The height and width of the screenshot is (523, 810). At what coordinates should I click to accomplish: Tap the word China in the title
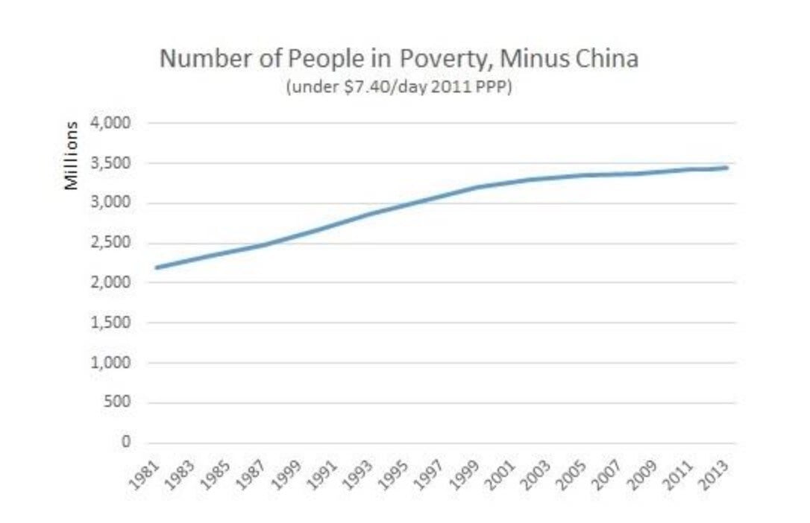click(x=605, y=58)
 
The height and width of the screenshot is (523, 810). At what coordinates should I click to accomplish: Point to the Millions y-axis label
click(x=72, y=154)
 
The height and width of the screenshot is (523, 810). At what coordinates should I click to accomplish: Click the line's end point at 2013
click(x=727, y=168)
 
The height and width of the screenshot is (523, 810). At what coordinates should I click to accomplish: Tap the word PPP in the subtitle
click(x=496, y=86)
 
